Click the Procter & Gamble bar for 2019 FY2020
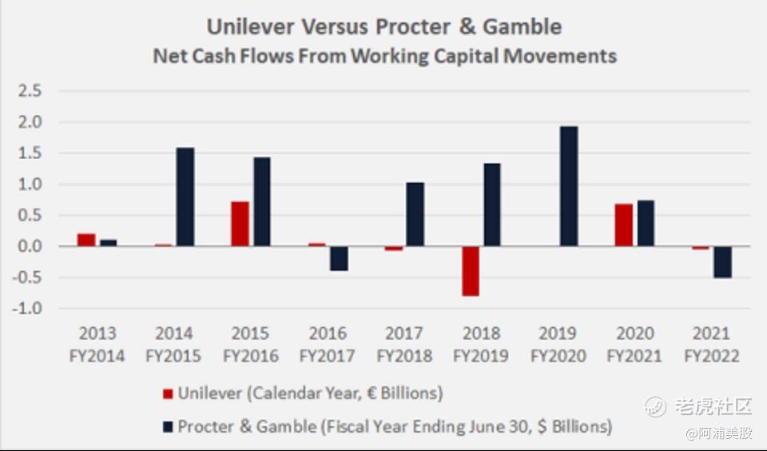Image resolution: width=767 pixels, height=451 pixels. pyautogui.click(x=568, y=186)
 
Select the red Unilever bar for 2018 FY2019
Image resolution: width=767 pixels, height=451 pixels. pyautogui.click(x=471, y=271)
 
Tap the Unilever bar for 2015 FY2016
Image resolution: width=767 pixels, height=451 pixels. pyautogui.click(x=240, y=224)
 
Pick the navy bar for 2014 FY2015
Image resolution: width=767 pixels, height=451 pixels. pyautogui.click(x=185, y=197)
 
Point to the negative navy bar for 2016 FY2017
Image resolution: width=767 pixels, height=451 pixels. pyautogui.click(x=339, y=258)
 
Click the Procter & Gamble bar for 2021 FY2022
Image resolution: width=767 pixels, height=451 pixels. pyautogui.click(x=722, y=261)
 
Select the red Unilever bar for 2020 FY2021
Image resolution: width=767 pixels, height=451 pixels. pyautogui.click(x=623, y=225)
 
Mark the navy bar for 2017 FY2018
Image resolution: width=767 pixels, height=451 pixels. pyautogui.click(x=415, y=214)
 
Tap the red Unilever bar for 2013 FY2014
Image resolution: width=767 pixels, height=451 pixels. pyautogui.click(x=86, y=240)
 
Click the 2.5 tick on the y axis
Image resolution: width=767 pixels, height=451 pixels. pyautogui.click(x=30, y=91)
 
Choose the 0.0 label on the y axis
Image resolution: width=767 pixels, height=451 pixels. pyautogui.click(x=30, y=246)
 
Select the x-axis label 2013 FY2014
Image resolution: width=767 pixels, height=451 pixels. pyautogui.click(x=97, y=345)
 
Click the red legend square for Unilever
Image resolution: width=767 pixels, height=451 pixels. pyautogui.click(x=167, y=393)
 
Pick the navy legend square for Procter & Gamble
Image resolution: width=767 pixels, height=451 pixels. pyautogui.click(x=167, y=427)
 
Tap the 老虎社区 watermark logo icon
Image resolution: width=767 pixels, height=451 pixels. pyautogui.click(x=656, y=406)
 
